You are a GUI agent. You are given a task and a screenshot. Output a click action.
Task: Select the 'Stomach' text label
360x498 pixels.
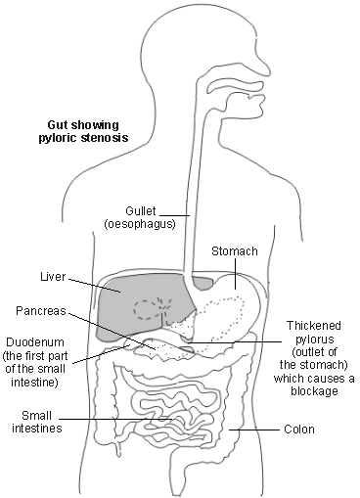coord(235,251)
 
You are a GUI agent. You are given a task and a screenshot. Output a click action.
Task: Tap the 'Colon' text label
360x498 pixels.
coord(298,429)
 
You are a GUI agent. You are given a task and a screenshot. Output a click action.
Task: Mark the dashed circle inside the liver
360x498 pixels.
coord(149,310)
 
